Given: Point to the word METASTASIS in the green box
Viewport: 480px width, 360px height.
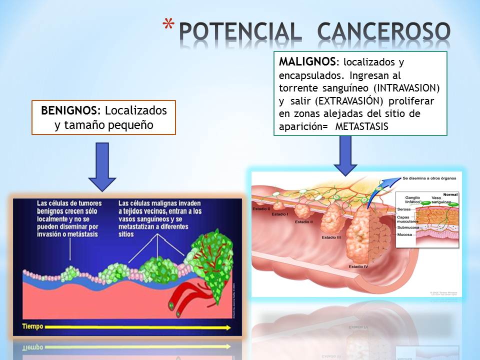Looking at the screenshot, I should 361,127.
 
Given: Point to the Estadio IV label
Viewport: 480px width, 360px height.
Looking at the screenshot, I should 358,266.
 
